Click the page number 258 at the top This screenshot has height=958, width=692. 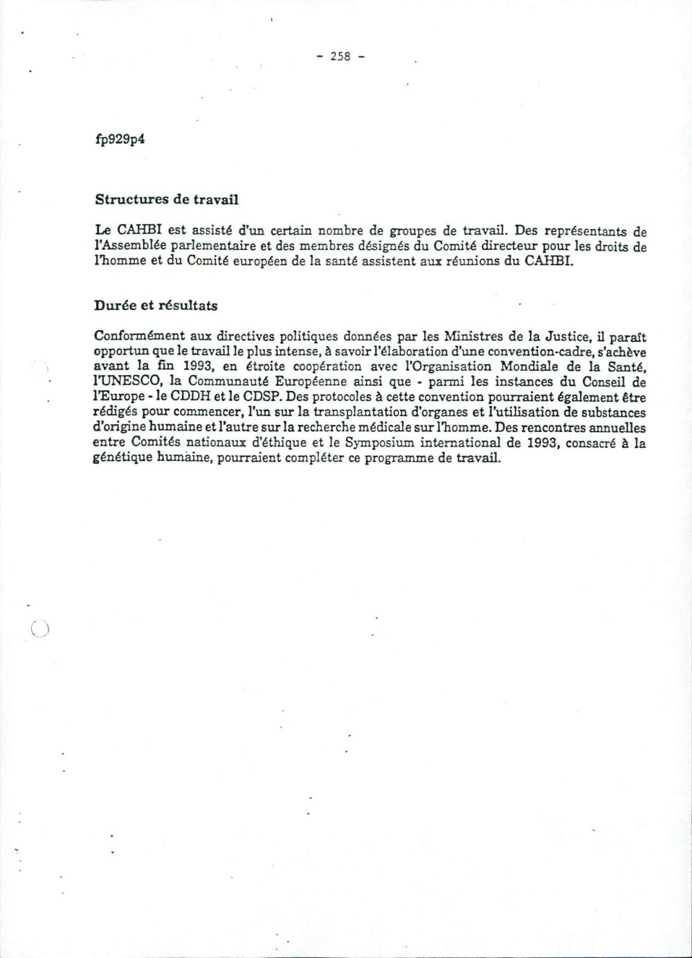[340, 57]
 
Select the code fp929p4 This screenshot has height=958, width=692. [120, 139]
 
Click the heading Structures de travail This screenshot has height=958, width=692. [166, 199]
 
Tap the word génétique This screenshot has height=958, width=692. [120, 460]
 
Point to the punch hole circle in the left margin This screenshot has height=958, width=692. [39, 629]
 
